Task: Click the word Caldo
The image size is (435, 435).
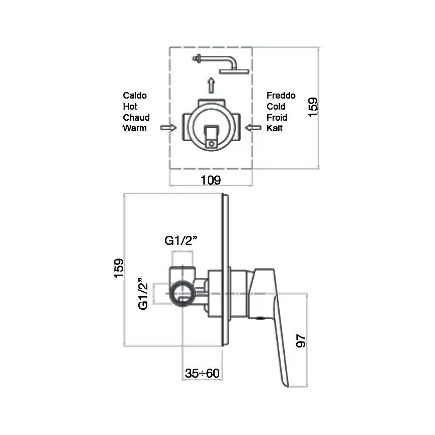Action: click(x=135, y=96)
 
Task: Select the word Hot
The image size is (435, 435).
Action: click(x=130, y=107)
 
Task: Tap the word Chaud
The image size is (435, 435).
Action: click(x=136, y=118)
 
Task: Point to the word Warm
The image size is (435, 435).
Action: click(x=135, y=128)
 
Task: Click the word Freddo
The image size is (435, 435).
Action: click(x=281, y=96)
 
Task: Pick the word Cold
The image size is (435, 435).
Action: click(x=276, y=107)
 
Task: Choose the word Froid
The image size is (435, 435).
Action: click(x=277, y=118)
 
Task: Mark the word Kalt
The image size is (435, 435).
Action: click(x=275, y=128)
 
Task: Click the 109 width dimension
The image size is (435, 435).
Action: click(x=211, y=180)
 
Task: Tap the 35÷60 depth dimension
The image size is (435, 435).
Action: click(x=202, y=374)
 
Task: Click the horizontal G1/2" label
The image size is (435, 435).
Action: click(x=181, y=241)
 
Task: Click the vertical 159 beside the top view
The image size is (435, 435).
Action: click(x=313, y=108)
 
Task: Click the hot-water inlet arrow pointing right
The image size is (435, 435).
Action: click(x=168, y=128)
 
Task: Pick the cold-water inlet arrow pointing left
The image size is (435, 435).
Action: click(x=253, y=128)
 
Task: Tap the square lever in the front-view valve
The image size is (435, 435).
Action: click(x=211, y=135)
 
